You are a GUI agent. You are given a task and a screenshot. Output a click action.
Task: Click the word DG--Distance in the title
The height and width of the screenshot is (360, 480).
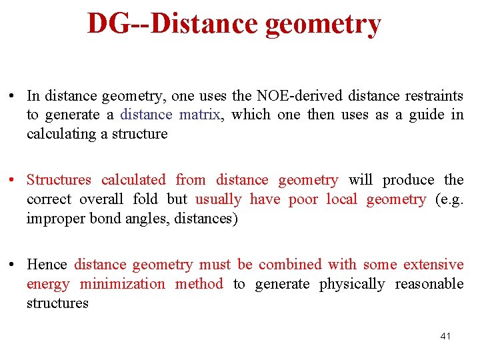[173, 23]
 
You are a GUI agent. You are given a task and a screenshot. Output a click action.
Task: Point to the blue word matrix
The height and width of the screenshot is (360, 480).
[200, 115]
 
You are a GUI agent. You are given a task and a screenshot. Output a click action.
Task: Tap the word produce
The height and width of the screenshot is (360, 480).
[409, 180]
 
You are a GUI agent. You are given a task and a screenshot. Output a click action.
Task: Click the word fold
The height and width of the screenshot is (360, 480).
[145, 199]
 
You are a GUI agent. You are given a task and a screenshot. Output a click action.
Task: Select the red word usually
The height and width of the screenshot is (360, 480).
[219, 199]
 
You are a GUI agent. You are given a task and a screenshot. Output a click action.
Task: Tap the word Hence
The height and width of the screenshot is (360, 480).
[47, 265]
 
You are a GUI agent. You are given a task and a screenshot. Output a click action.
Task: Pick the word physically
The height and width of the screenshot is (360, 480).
[352, 284]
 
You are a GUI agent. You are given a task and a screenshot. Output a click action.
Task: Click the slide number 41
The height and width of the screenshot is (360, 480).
[445, 336]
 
